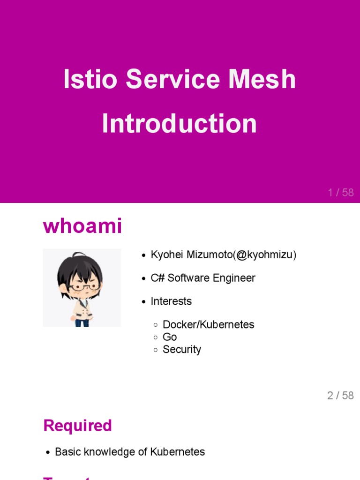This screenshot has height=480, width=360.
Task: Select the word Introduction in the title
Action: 180,124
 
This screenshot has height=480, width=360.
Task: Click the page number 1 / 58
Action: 341,193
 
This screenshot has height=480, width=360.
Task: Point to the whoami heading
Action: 82,226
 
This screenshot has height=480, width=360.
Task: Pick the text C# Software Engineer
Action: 203,278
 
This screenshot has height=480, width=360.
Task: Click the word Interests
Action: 171,301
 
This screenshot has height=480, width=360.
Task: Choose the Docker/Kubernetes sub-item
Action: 208,325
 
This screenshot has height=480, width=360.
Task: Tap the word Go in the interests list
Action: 170,337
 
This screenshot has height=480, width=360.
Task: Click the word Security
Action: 182,349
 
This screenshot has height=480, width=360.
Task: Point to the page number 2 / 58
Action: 340,396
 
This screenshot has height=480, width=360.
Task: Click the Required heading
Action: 77,426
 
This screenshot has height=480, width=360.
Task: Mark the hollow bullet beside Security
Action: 156,350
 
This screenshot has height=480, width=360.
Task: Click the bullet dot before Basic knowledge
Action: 48,452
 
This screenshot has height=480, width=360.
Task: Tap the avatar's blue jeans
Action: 82,322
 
